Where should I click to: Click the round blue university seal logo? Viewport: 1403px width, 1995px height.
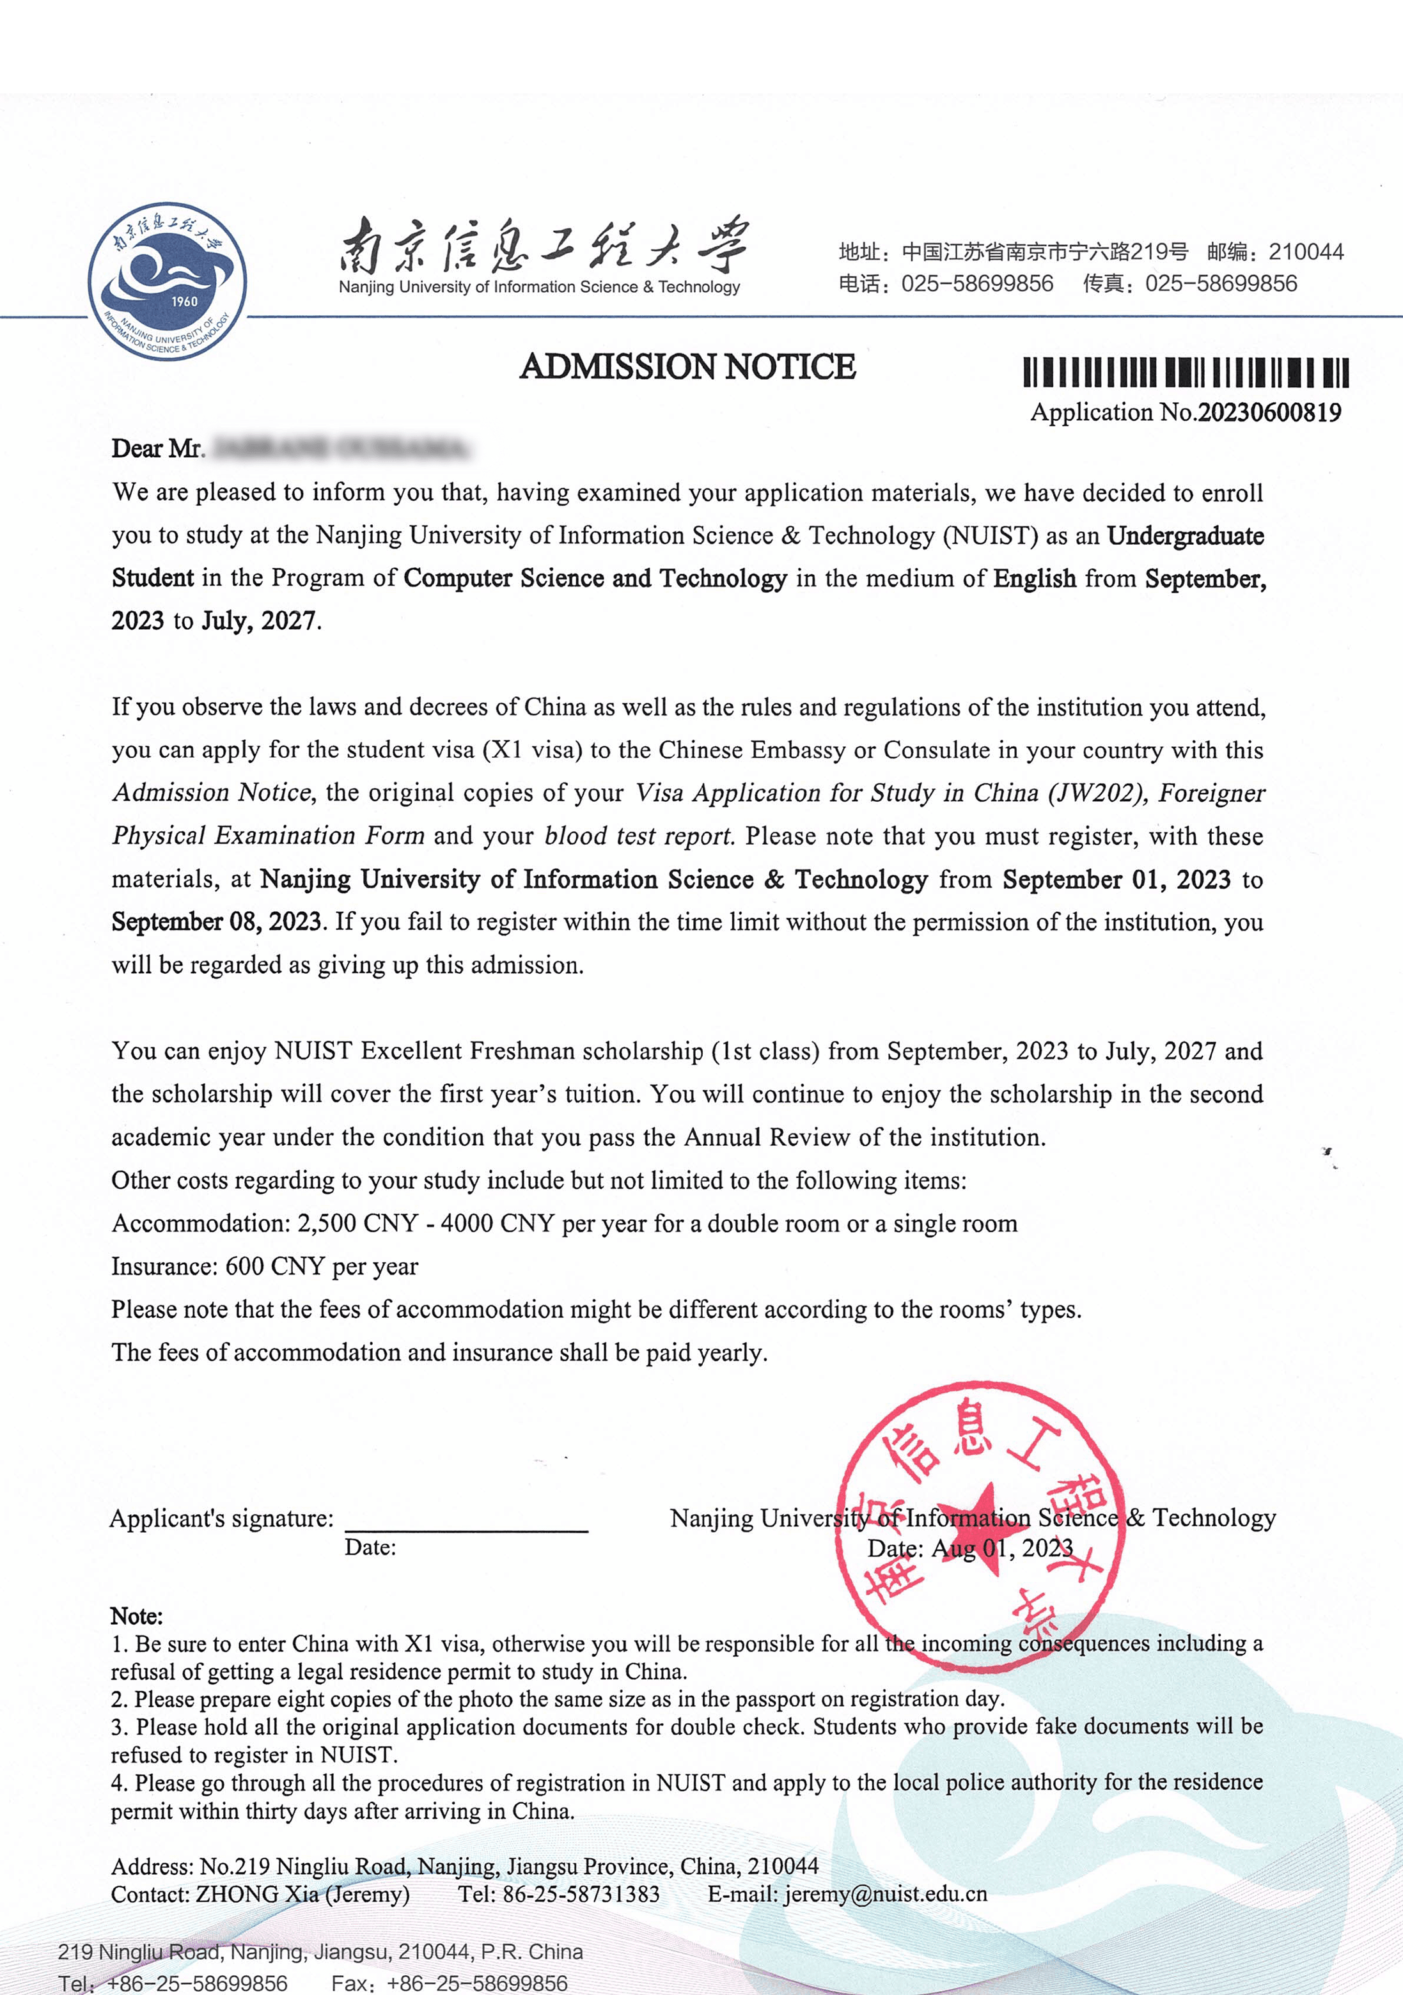(x=167, y=281)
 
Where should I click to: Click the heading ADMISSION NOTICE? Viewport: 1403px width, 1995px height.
(x=687, y=366)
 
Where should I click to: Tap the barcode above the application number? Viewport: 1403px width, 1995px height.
(x=1186, y=372)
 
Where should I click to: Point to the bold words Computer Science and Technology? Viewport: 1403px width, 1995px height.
(x=595, y=578)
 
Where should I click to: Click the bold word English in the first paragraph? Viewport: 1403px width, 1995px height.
(x=1035, y=578)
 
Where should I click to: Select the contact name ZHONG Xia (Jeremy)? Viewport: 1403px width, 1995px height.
(x=302, y=1893)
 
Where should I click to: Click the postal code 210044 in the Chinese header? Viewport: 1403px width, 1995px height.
(x=1306, y=252)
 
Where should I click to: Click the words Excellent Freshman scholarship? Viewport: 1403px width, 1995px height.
(x=531, y=1051)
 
